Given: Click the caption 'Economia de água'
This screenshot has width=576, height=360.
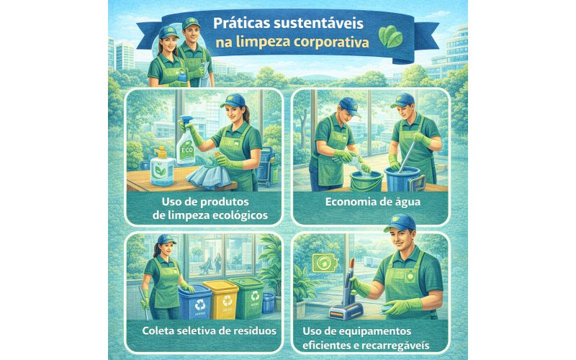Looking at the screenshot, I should click(372, 202).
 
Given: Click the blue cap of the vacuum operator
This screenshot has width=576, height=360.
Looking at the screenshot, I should click(399, 220).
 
